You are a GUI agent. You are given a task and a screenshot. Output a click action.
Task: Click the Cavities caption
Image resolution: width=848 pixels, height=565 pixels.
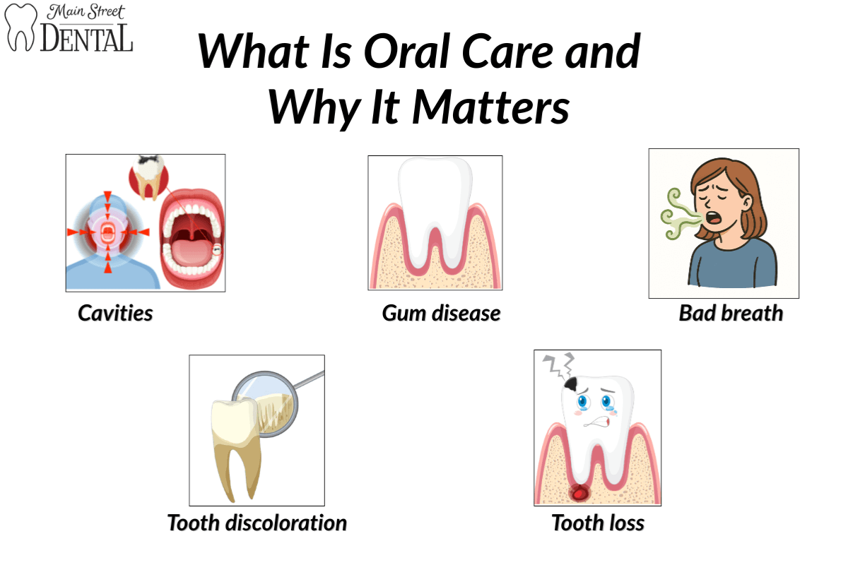point(115,313)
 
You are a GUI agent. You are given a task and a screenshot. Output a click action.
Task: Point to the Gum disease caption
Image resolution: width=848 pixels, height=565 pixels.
point(441,313)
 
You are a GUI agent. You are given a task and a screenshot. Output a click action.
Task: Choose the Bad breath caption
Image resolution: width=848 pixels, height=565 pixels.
point(731,313)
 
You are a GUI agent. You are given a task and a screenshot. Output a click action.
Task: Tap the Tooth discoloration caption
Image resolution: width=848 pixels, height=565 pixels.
point(257,523)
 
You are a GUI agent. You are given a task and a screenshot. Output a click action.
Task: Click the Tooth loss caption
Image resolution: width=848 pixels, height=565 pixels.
point(598,523)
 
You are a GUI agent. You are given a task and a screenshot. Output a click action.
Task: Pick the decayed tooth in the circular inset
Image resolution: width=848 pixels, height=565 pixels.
point(148,177)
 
